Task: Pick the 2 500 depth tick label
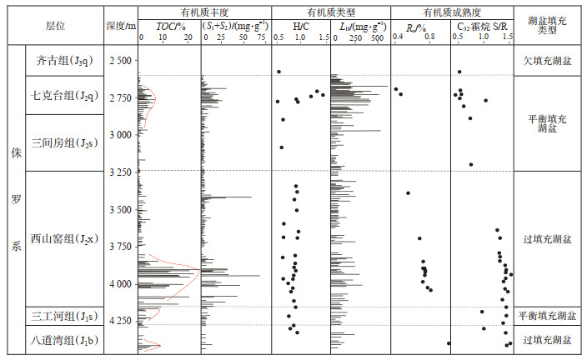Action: [120, 61]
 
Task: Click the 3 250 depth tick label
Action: [120, 172]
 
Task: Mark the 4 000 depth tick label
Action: [120, 284]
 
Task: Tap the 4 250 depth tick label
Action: [120, 321]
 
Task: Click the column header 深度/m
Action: [121, 25]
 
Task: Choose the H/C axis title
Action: [300, 25]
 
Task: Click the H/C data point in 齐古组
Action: [278, 72]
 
